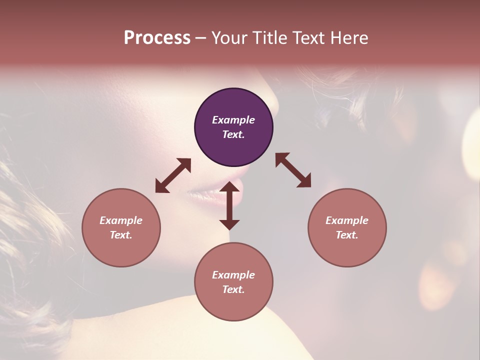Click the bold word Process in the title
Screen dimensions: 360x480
157,38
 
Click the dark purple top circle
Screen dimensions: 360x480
233,127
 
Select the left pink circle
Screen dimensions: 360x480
121,227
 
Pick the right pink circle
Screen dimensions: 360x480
347,227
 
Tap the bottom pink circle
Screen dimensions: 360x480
233,282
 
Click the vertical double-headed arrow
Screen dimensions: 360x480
229,205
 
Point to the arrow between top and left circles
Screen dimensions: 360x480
173,175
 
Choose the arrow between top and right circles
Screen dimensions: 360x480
293,170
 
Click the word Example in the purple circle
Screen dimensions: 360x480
233,120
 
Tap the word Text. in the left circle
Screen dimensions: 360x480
121,235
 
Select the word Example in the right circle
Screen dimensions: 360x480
347,220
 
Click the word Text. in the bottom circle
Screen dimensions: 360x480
233,289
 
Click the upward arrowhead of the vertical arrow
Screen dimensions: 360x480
229,187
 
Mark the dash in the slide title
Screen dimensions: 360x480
200,38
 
